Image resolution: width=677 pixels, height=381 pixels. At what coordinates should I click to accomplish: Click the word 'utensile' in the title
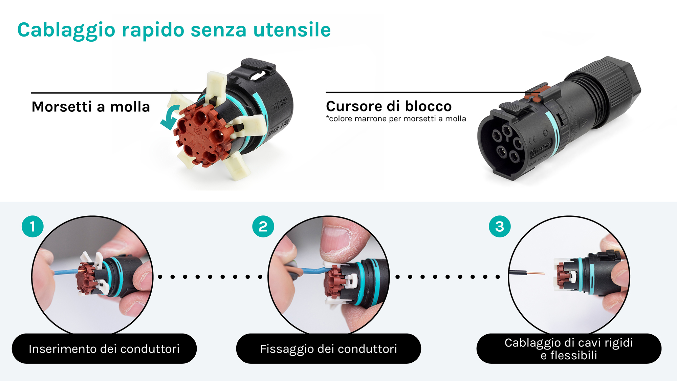(292, 30)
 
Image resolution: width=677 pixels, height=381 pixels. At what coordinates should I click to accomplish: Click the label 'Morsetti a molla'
(91, 107)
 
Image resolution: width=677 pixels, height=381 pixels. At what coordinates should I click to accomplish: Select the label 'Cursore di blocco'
(389, 106)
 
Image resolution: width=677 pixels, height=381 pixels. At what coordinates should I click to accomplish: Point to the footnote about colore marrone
(396, 119)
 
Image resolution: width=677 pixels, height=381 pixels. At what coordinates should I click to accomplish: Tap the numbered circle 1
(32, 226)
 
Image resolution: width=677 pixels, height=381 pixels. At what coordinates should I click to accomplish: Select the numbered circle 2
(263, 226)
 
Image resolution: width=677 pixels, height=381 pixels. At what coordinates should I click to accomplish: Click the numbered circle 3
(499, 226)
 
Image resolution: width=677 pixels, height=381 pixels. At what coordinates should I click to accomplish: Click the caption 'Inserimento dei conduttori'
(104, 349)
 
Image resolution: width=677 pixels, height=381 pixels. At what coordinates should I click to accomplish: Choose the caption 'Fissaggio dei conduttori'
(328, 349)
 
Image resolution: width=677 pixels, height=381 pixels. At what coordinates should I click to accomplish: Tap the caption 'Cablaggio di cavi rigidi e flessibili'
(569, 349)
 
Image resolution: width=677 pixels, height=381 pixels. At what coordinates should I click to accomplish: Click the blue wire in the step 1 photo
(64, 272)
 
